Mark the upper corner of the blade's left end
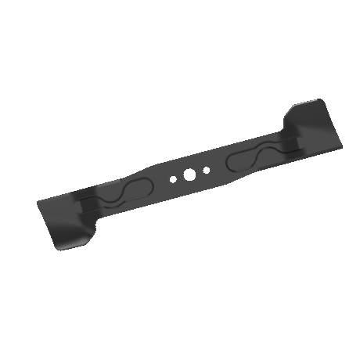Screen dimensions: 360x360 (39, 204)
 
